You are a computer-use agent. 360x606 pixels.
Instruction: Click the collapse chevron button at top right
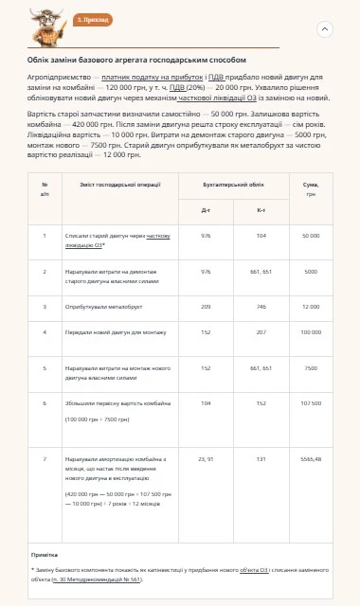click(x=325, y=29)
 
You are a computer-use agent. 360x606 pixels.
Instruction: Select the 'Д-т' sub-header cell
click(x=205, y=209)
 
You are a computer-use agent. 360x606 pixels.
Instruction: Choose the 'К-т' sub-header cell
click(x=261, y=209)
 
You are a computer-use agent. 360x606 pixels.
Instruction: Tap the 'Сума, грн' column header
click(x=311, y=187)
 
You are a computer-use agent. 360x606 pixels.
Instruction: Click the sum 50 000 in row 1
click(x=311, y=235)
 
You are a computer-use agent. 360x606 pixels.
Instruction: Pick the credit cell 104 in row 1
click(x=261, y=235)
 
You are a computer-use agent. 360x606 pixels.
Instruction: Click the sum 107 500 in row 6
click(x=311, y=403)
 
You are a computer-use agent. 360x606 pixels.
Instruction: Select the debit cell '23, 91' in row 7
click(x=205, y=458)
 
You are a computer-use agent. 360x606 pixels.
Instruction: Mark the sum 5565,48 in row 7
click(x=311, y=458)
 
